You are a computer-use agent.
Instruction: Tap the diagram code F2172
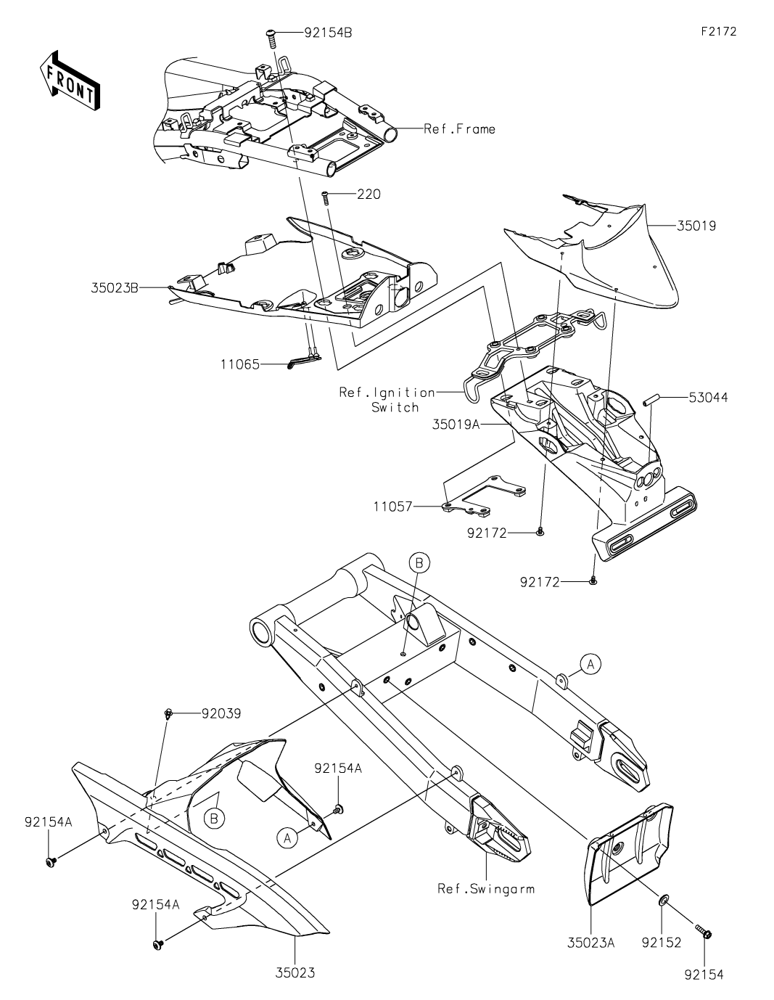point(719,32)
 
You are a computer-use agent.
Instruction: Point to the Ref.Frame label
point(459,129)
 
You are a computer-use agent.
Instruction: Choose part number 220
point(369,194)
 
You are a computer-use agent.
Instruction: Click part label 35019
point(696,226)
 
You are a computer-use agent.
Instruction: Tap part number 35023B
point(115,287)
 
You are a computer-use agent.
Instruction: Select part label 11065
point(239,364)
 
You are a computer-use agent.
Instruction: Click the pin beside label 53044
point(651,398)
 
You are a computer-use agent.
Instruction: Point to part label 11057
point(393,507)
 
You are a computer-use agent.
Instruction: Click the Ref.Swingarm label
point(486,888)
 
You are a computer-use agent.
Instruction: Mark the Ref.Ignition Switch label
point(387,400)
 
